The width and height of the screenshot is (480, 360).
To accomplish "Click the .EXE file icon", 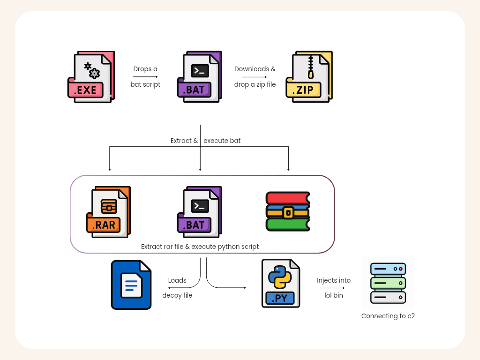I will pos(91,77).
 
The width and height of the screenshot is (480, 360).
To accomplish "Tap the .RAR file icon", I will pos(108,212).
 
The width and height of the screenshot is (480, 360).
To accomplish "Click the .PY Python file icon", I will pos(281,283).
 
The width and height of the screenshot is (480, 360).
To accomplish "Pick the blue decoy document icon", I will pos(131,285).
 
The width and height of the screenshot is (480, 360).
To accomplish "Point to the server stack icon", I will pos(388,283).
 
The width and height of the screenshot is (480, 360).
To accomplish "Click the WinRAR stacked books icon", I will pos(288,211).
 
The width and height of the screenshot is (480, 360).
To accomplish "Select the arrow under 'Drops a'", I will pos(145,77).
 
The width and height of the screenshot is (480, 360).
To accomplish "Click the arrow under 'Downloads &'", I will pos(255,77).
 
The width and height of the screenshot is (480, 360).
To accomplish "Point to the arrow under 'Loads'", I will pos(177,288).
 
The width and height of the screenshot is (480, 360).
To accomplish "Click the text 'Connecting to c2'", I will pos(388,316).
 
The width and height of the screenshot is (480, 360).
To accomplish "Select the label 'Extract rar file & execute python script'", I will pos(200,247).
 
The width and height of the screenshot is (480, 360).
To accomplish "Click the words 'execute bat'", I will pos(222,141).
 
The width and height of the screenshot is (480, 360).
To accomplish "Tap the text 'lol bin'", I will pos(334,296).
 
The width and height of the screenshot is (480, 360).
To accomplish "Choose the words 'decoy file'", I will pos(177,296).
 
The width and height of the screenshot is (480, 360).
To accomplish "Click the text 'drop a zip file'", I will pos(255,85).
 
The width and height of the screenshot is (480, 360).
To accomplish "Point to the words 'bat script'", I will pos(145,85).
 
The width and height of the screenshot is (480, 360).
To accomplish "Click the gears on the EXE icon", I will pos(92,70).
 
